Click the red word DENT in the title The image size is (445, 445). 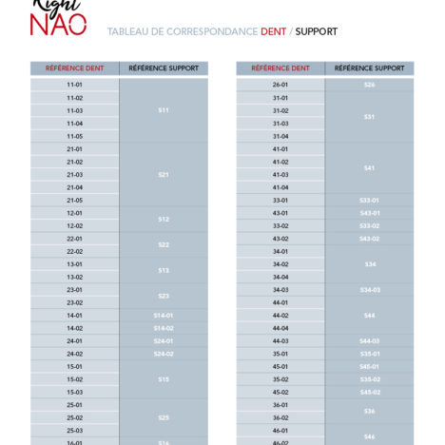(x=273, y=31)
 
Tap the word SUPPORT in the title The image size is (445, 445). (x=316, y=31)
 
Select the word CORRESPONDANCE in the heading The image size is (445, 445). (x=211, y=31)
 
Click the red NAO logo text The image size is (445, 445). (x=58, y=23)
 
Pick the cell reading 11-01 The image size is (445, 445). (x=74, y=85)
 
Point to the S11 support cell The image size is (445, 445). (x=164, y=110)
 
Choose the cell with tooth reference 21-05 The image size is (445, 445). (x=74, y=200)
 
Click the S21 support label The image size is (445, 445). (x=164, y=174)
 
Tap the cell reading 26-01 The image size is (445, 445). (x=281, y=85)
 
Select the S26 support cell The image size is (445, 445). (x=369, y=85)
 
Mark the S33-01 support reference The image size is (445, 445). (x=369, y=200)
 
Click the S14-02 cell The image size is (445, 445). (x=164, y=328)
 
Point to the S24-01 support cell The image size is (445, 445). (x=164, y=340)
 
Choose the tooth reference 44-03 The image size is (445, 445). (x=281, y=340)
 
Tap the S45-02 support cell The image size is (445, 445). (x=369, y=392)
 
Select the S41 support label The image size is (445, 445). (x=369, y=167)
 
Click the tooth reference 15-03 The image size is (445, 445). (x=74, y=392)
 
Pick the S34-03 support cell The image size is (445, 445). (x=369, y=289)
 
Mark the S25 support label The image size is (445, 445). (x=164, y=417)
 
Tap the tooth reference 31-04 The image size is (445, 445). (x=281, y=136)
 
